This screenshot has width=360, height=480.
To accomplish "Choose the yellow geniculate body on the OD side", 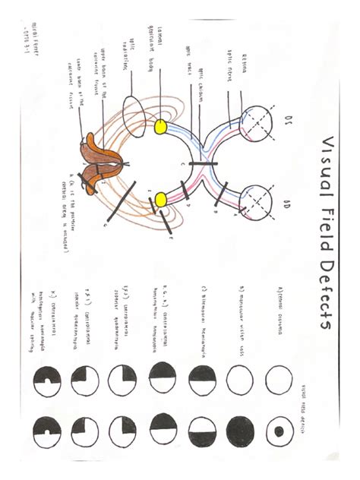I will [161, 200].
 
